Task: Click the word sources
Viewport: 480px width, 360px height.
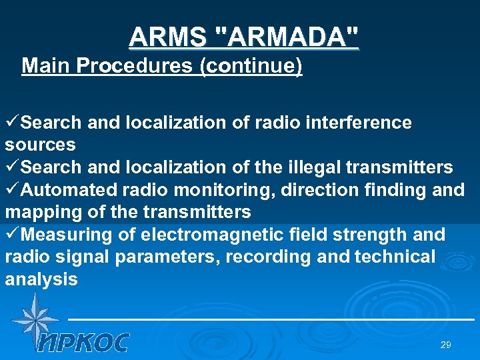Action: (x=40, y=145)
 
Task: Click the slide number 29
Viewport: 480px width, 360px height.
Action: (x=446, y=345)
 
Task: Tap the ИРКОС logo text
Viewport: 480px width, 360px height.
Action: (x=83, y=343)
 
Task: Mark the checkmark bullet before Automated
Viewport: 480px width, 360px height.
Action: (x=13, y=190)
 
